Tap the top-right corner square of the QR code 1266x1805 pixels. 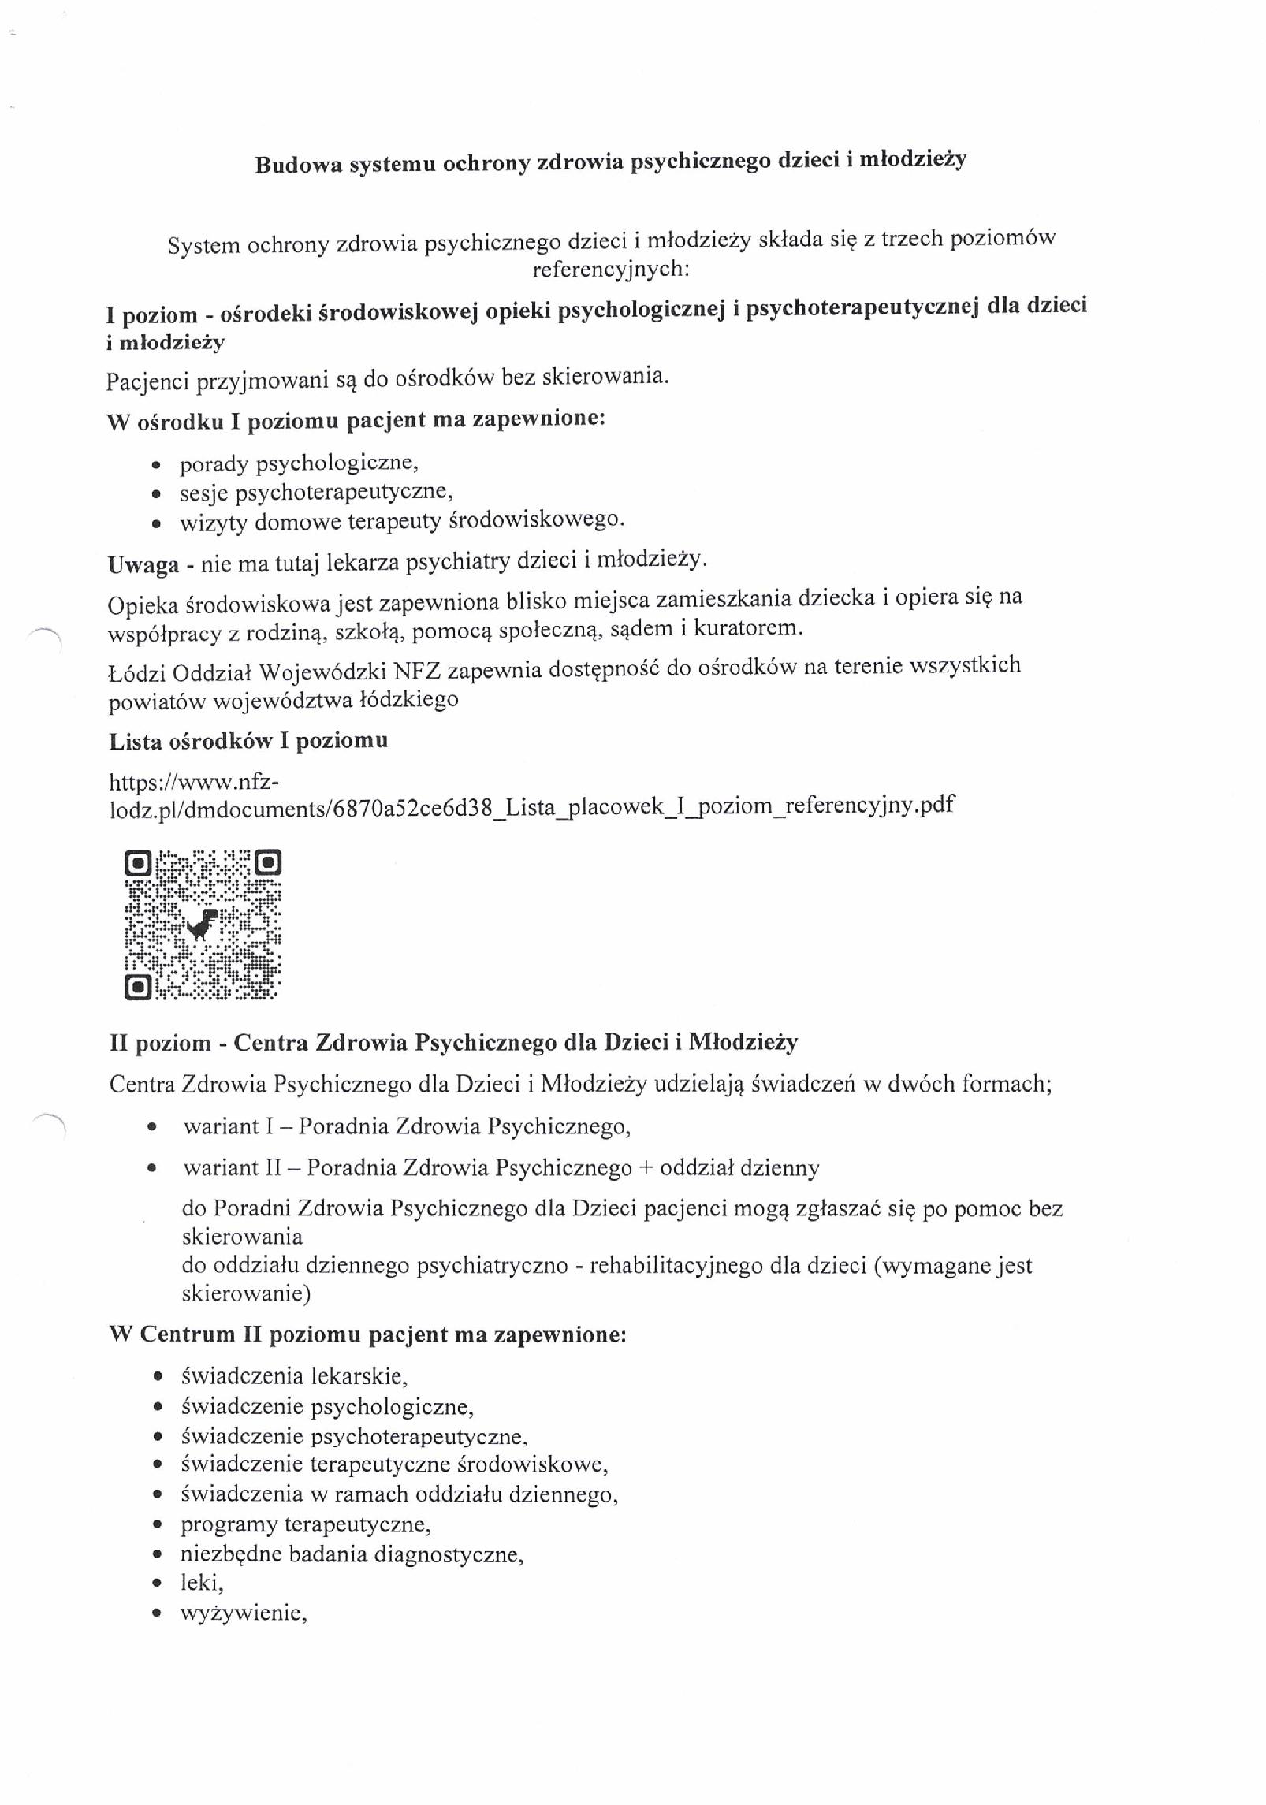pyautogui.click(x=269, y=863)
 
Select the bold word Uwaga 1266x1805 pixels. pyautogui.click(x=143, y=565)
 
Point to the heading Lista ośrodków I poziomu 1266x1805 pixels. pyautogui.click(x=248, y=741)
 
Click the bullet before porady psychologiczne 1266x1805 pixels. pyautogui.click(x=157, y=466)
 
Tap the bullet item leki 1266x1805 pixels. pyautogui.click(x=201, y=1582)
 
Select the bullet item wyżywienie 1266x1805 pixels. pyautogui.click(x=243, y=1613)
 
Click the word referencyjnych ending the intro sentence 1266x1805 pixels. pyautogui.click(x=610, y=270)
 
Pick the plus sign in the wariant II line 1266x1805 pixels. pyautogui.click(x=646, y=1168)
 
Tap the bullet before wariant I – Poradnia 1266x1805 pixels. pyautogui.click(x=151, y=1127)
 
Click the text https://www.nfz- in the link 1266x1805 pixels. pyautogui.click(x=194, y=782)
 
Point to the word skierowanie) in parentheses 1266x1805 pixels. pyautogui.click(x=246, y=1293)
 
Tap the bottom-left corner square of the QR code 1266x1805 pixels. pyautogui.click(x=138, y=986)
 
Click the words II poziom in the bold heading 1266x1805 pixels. pyautogui.click(x=160, y=1044)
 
